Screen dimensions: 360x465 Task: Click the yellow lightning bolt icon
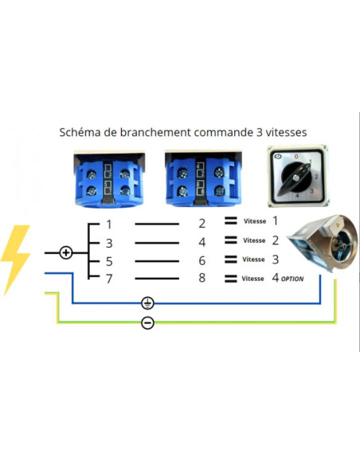click(x=15, y=259)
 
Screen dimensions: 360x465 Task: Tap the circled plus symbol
click(x=66, y=253)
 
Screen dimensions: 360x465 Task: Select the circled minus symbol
click(x=147, y=322)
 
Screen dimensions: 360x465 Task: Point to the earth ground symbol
click(x=147, y=303)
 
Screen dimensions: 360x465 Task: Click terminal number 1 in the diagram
click(x=109, y=225)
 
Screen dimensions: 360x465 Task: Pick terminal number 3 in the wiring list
click(x=109, y=243)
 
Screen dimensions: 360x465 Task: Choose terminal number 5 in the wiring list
click(x=109, y=261)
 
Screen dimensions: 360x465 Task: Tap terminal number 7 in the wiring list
click(x=109, y=279)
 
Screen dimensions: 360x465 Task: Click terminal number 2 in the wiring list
click(x=202, y=223)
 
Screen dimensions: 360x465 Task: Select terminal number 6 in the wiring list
click(x=202, y=260)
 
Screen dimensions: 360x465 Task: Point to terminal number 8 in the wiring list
click(x=202, y=278)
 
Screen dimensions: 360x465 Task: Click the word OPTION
click(x=292, y=279)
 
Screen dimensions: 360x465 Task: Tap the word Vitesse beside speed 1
click(x=255, y=221)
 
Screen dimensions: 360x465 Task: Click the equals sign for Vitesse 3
click(x=231, y=260)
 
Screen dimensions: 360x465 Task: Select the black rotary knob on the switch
click(x=295, y=178)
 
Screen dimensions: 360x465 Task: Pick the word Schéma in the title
click(x=80, y=132)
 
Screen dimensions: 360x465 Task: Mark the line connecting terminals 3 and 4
click(x=157, y=243)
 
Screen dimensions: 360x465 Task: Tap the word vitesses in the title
click(x=286, y=132)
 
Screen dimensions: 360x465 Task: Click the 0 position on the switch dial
click(x=296, y=156)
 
